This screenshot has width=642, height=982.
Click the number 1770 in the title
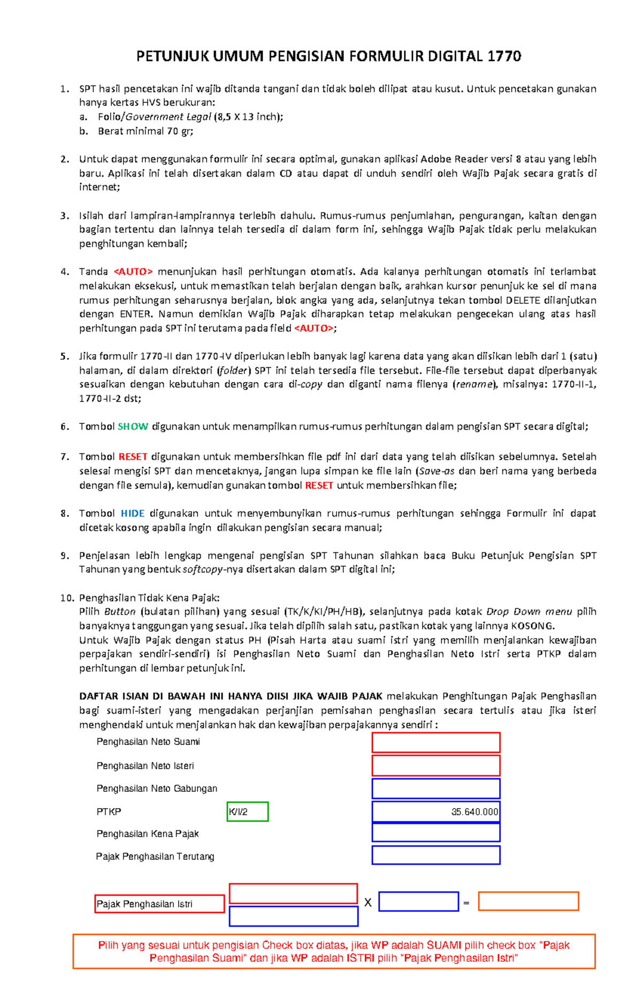point(504,56)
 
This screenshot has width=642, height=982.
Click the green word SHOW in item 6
point(133,427)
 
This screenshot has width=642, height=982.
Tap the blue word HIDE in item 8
point(133,513)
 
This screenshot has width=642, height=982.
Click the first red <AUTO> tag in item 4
point(133,271)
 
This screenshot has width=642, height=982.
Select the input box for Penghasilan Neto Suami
point(436,743)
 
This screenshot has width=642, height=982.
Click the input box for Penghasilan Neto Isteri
point(436,766)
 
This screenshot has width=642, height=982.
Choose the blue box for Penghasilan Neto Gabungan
point(436,789)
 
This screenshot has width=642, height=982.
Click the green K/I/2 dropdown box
point(247,812)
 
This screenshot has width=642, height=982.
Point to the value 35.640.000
point(474,812)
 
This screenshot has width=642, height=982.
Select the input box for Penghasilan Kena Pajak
point(436,833)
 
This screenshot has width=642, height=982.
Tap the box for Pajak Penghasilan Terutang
point(436,855)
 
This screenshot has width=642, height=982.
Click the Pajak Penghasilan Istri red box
point(159,904)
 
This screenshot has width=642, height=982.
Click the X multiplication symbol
point(368,903)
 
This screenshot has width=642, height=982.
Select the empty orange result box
point(529,901)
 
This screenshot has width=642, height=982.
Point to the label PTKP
point(109,812)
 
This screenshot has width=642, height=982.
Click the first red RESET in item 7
point(133,456)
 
